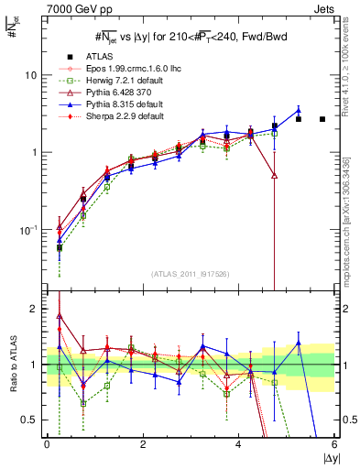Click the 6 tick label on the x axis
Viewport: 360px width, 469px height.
pyautogui.click(x=334, y=444)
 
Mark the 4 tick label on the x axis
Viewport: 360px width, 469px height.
pyautogui.click(x=238, y=444)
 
